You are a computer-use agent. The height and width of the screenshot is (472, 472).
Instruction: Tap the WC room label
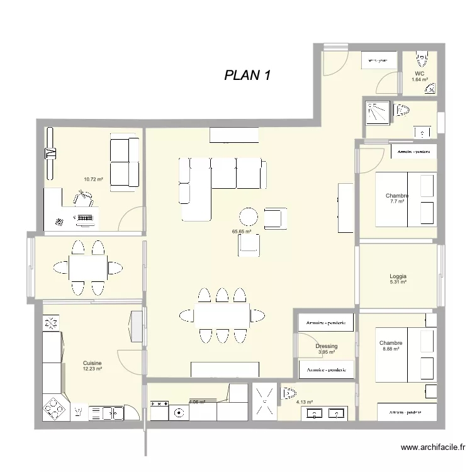[420, 74]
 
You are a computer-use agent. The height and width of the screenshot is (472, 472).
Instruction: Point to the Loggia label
[398, 276]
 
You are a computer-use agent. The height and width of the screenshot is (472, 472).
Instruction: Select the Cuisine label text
[92, 363]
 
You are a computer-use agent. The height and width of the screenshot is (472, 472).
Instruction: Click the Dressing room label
[327, 346]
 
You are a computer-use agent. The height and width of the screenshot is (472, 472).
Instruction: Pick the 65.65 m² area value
[242, 232]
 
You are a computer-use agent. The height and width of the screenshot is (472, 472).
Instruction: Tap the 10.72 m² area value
[93, 179]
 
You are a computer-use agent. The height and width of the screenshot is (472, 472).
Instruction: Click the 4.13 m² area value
[304, 402]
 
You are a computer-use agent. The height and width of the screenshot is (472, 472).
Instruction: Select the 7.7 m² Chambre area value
[397, 201]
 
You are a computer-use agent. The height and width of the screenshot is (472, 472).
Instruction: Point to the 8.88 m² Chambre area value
[390, 349]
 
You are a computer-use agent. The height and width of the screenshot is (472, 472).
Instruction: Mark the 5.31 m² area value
[398, 283]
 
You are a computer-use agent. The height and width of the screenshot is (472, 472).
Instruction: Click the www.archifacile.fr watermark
[433, 448]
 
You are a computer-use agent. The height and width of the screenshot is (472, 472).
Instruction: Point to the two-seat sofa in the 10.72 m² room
[124, 161]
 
